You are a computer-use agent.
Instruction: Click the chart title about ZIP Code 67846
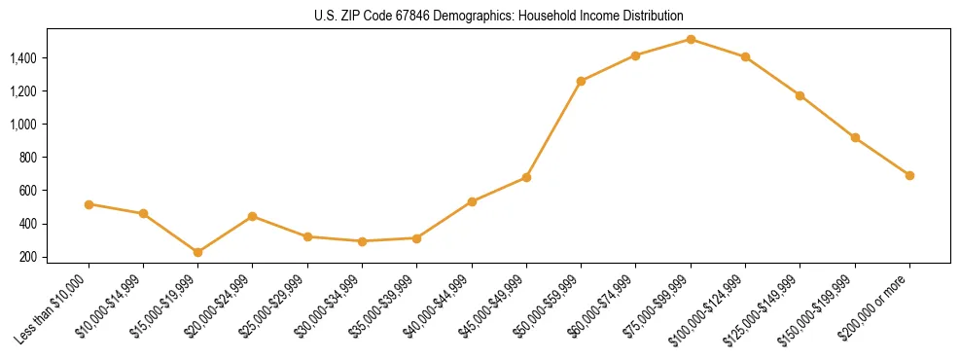pyautogui.click(x=480, y=16)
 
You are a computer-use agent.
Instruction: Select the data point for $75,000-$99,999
pyautogui.click(x=691, y=39)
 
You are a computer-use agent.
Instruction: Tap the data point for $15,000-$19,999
pyautogui.click(x=198, y=252)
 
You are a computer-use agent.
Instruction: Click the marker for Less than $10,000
pyautogui.click(x=89, y=204)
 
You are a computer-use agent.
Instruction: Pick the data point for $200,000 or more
pyautogui.click(x=909, y=175)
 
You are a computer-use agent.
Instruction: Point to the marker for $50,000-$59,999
pyautogui.click(x=581, y=81)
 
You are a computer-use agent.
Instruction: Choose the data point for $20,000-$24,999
pyautogui.click(x=253, y=216)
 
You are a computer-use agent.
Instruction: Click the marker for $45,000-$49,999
pyautogui.click(x=526, y=177)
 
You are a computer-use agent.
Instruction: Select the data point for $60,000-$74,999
pyautogui.click(x=635, y=55)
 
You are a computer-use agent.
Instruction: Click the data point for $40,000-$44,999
pyautogui.click(x=472, y=201)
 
